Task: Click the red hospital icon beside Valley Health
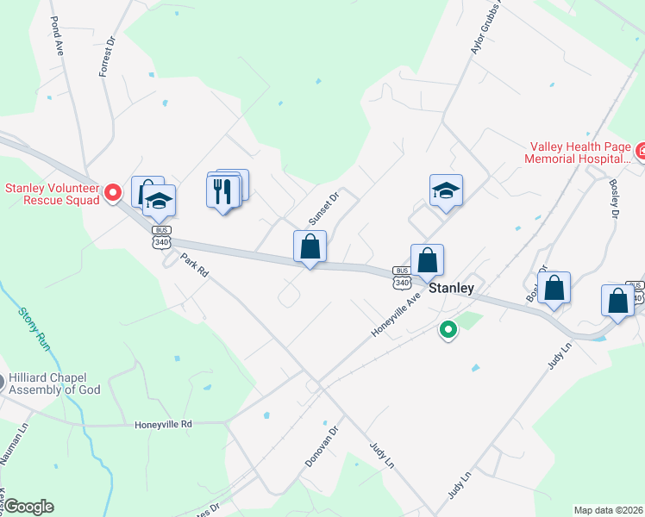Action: (x=640, y=153)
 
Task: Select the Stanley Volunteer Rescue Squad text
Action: (x=53, y=194)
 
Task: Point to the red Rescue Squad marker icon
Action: (x=112, y=195)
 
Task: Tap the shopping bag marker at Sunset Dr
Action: (x=310, y=247)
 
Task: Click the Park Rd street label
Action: (x=196, y=265)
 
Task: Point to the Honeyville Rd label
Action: (x=163, y=425)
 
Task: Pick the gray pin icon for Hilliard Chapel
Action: (x=3, y=380)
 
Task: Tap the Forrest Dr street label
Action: (x=106, y=57)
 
